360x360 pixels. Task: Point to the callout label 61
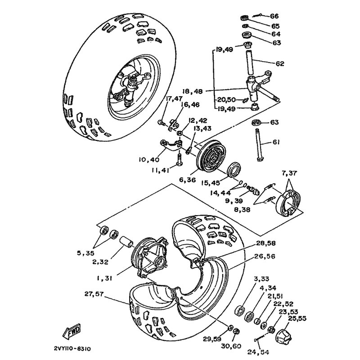click(x=276, y=142)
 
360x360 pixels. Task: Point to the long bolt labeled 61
click(x=260, y=144)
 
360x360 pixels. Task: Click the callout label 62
click(x=280, y=64)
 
